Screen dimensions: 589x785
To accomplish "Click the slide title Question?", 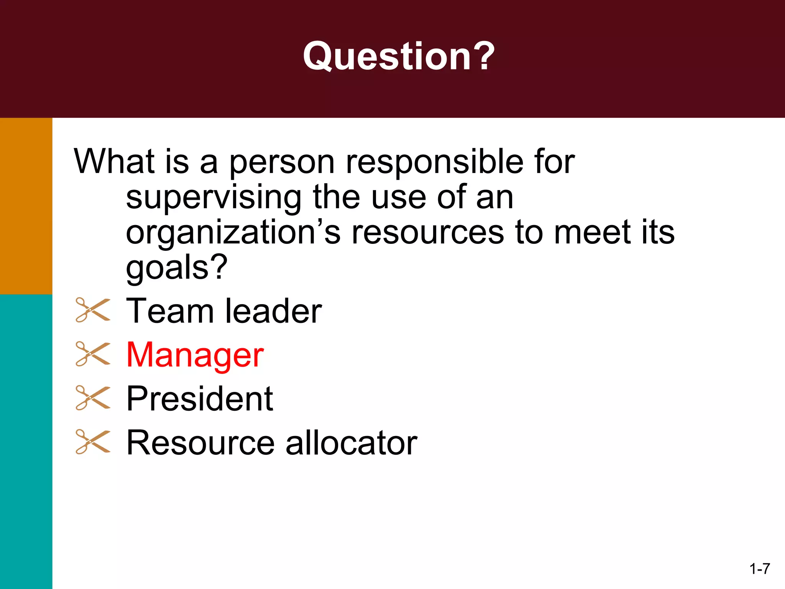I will [399, 57].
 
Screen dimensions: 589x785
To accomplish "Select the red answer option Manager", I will [195, 355].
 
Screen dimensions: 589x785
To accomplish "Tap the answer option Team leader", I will [224, 311].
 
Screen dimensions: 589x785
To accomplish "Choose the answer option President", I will [199, 399].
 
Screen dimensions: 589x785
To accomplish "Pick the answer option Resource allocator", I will [271, 443].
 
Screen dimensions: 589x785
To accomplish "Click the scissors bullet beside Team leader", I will [93, 310].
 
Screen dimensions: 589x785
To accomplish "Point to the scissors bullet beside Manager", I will [93, 354].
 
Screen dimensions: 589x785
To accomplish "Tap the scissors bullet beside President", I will [93, 398].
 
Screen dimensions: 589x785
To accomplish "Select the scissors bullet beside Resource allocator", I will [93, 442].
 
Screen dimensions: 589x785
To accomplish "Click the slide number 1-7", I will [759, 569].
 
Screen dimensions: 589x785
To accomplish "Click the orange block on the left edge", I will [26, 206].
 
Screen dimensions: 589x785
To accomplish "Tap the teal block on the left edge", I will [26, 441].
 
